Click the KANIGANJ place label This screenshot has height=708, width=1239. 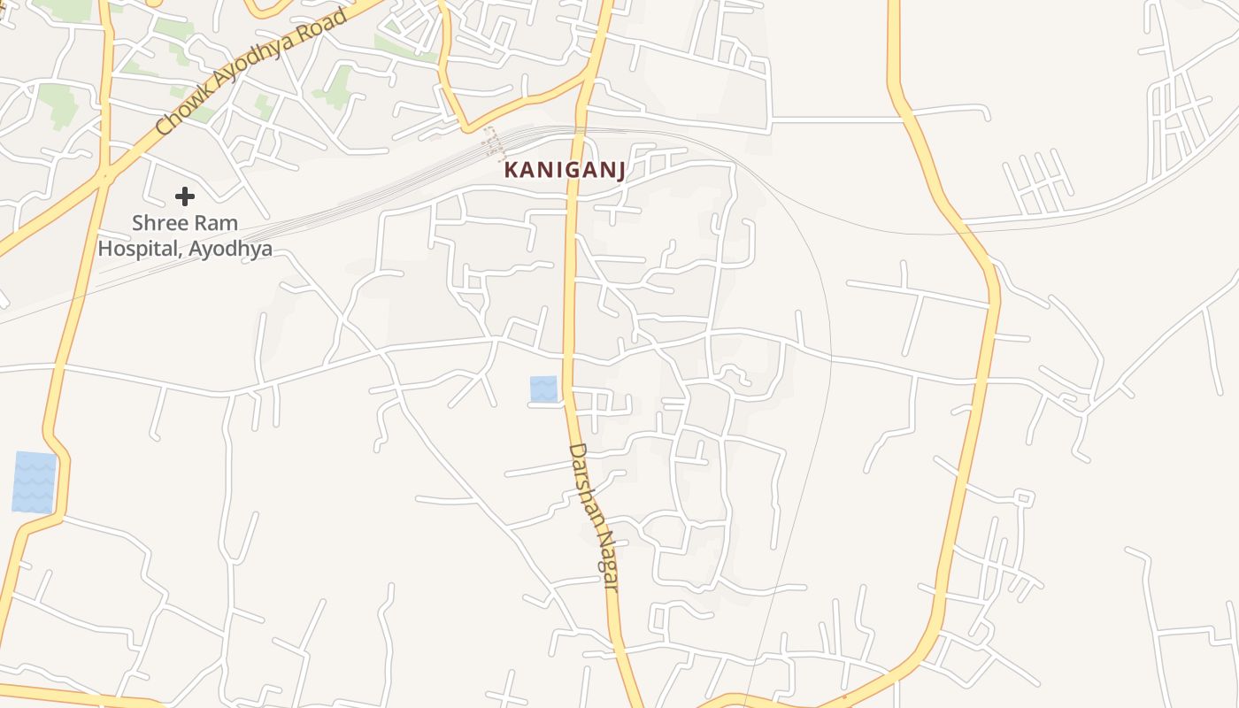565,170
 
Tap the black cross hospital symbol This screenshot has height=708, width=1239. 184,196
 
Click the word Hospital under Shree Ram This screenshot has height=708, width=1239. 137,249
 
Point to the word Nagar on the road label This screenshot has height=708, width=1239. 605,556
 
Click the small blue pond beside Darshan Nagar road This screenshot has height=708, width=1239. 543,389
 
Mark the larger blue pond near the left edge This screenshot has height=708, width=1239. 35,482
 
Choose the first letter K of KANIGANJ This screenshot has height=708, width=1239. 511,170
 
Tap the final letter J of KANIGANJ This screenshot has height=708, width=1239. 619,170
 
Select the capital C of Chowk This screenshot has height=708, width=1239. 162,129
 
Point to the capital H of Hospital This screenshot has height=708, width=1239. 105,249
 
